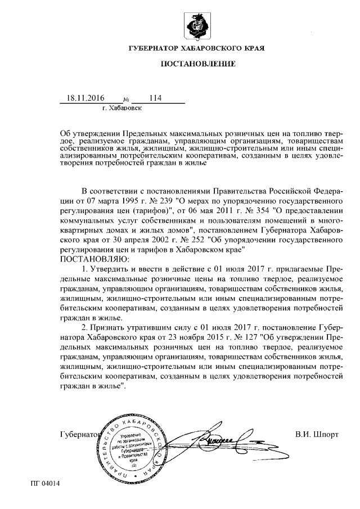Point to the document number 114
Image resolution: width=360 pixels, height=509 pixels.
coord(155,98)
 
